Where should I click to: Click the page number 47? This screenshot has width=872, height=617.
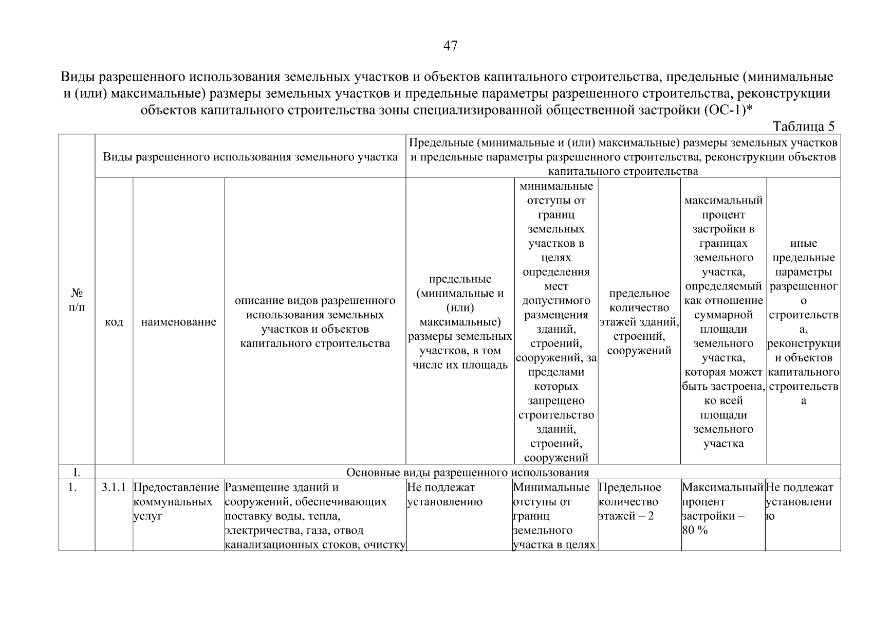450,46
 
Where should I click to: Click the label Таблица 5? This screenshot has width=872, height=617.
803,126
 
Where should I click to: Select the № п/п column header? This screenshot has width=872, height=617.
77,300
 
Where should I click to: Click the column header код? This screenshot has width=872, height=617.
114,322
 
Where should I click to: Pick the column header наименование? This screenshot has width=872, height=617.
178,322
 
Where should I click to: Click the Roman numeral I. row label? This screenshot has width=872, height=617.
77,472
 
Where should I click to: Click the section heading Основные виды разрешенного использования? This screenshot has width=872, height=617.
467,472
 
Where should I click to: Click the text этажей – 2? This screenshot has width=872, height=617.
626,516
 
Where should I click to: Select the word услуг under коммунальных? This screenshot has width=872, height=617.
147,516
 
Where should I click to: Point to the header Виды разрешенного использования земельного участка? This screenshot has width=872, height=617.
250,157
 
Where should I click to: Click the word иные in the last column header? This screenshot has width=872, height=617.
803,244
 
